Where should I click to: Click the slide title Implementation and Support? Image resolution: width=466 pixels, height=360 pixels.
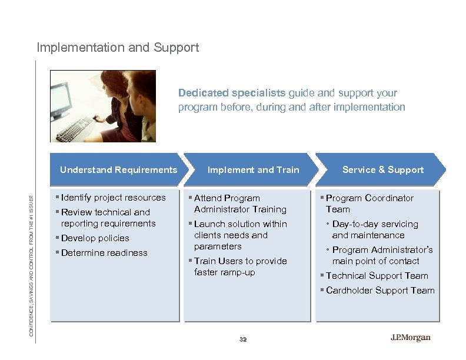(x=118, y=46)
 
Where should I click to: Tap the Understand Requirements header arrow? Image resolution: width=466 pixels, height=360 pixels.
(x=118, y=170)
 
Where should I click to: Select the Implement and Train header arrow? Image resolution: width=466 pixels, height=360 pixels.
(x=252, y=170)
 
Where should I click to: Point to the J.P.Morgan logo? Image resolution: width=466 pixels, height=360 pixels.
(x=410, y=338)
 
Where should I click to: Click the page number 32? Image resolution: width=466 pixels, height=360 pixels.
(x=244, y=339)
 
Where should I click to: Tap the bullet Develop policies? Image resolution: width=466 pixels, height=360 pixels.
(x=95, y=238)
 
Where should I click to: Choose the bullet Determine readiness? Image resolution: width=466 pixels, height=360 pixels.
(x=104, y=253)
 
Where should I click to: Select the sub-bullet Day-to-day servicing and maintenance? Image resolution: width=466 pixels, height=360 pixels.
(x=375, y=229)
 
